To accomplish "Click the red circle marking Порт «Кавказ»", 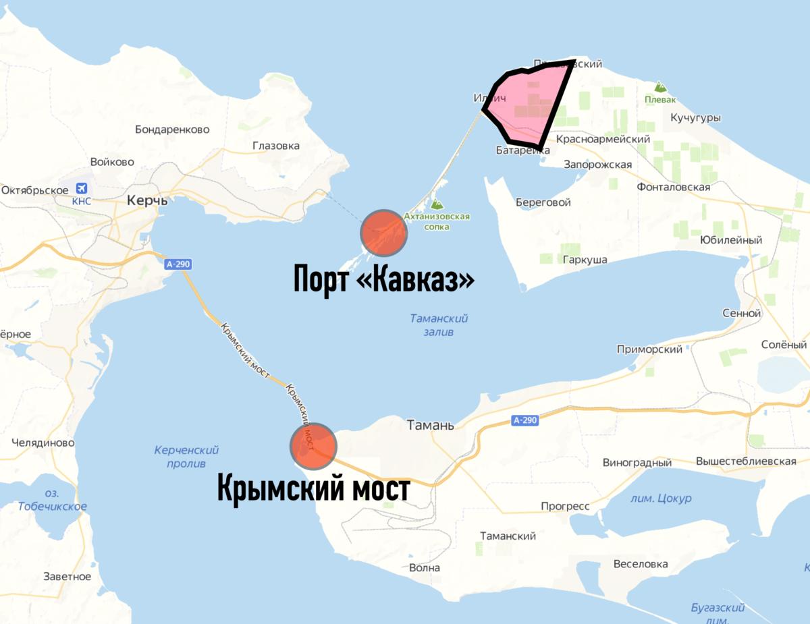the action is (x=384, y=233).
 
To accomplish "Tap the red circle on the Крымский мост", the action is (x=313, y=446).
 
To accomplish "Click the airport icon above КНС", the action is (x=82, y=188).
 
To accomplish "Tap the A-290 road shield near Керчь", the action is (x=178, y=264).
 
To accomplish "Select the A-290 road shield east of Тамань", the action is (x=524, y=420).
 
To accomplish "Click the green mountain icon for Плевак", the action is (x=659, y=87).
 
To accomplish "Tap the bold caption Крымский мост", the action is (x=313, y=488).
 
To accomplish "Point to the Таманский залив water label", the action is (x=439, y=325).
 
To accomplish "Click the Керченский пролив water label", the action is (x=186, y=457).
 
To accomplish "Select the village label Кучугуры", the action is (x=695, y=118).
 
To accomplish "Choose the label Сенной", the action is (x=741, y=313).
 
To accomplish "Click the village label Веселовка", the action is (x=641, y=564).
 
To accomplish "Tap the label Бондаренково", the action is (x=172, y=129).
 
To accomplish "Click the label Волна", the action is (x=425, y=567).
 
